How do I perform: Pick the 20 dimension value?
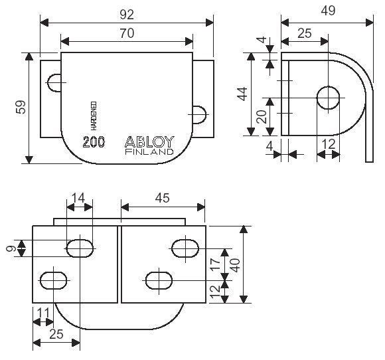pyautogui.click(x=261, y=118)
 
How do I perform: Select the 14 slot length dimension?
pyautogui.click(x=80, y=197)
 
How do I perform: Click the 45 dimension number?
pyautogui.click(x=163, y=197)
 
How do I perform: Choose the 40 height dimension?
pyautogui.click(x=234, y=264)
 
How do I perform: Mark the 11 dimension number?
pyautogui.click(x=44, y=312)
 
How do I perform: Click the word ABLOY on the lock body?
pyautogui.click(x=149, y=141)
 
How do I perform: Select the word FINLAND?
pyautogui.click(x=149, y=152)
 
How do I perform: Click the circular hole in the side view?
pyautogui.click(x=330, y=98)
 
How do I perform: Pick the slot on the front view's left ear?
pyautogui.click(x=54, y=82)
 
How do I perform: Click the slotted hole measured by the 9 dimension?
pyautogui.click(x=80, y=248)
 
